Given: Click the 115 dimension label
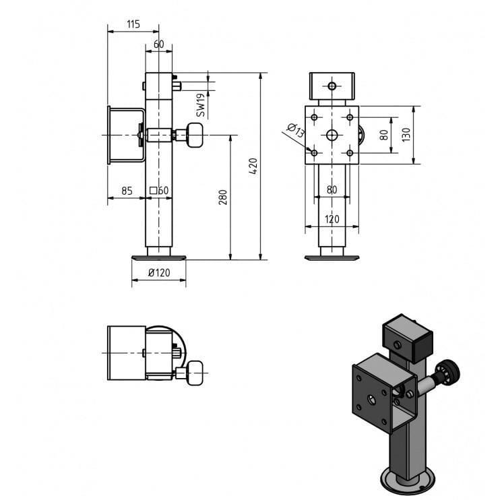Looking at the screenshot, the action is coord(133,24).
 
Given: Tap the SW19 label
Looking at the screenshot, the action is coord(201,105).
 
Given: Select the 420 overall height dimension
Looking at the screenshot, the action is coord(253,166).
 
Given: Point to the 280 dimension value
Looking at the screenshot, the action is coord(223,197).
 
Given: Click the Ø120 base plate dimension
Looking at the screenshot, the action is coord(159,273).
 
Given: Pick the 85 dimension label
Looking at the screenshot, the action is coord(127,191).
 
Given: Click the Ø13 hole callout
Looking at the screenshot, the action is coord(296,130).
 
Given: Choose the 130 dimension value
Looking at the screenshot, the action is coord(406,135).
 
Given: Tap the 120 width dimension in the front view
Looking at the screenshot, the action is coord(332,219).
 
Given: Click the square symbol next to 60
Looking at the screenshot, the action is coord(154,191).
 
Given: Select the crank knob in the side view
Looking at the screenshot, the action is coord(195,135).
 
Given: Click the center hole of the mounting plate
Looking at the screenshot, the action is coord(332,135).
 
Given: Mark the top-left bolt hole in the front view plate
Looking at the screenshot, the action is coord(314,117).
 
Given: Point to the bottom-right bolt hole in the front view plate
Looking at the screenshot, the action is coord(350,153).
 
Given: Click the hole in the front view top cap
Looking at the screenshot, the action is coord(332,86).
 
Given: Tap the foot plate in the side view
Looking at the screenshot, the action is coord(159,257).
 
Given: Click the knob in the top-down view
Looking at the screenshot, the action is coord(195,373).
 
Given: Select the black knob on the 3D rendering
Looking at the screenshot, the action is coord(449,372).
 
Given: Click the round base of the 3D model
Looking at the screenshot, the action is coord(408,482).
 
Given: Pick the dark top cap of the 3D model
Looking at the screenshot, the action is coord(408,338).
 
